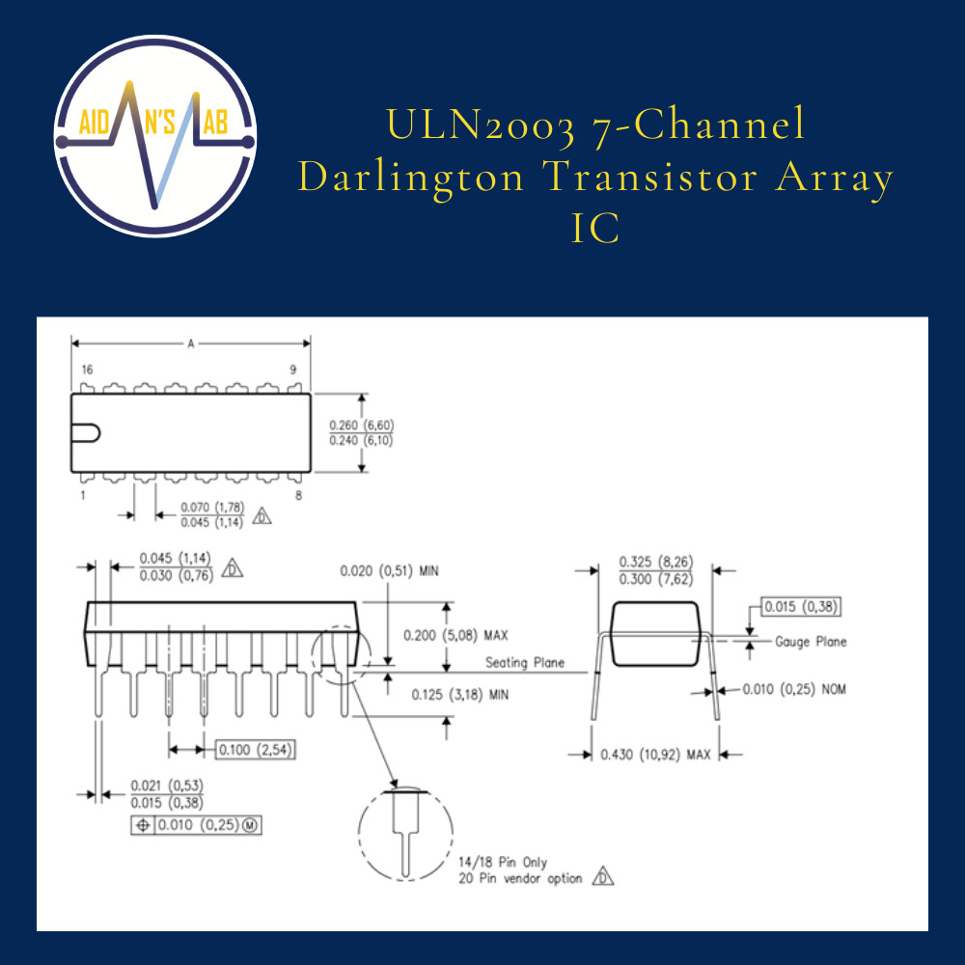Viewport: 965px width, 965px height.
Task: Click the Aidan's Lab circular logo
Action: [x=155, y=136]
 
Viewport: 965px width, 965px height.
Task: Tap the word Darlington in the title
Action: [x=410, y=179]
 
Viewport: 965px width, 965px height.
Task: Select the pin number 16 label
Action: [x=88, y=370]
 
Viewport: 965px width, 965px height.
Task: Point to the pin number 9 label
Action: [x=293, y=370]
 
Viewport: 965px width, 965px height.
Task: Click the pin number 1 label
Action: [x=83, y=495]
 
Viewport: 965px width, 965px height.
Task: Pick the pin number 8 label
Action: [x=298, y=495]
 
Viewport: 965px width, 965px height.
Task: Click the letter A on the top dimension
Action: [x=191, y=344]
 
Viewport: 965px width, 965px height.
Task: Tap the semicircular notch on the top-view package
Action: [x=86, y=433]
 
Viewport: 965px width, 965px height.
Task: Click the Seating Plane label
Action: [x=525, y=663]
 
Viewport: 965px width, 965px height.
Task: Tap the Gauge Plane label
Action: [x=811, y=642]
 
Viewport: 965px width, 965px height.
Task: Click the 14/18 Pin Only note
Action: [x=503, y=862]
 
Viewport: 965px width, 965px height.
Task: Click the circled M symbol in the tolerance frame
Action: [x=250, y=825]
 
